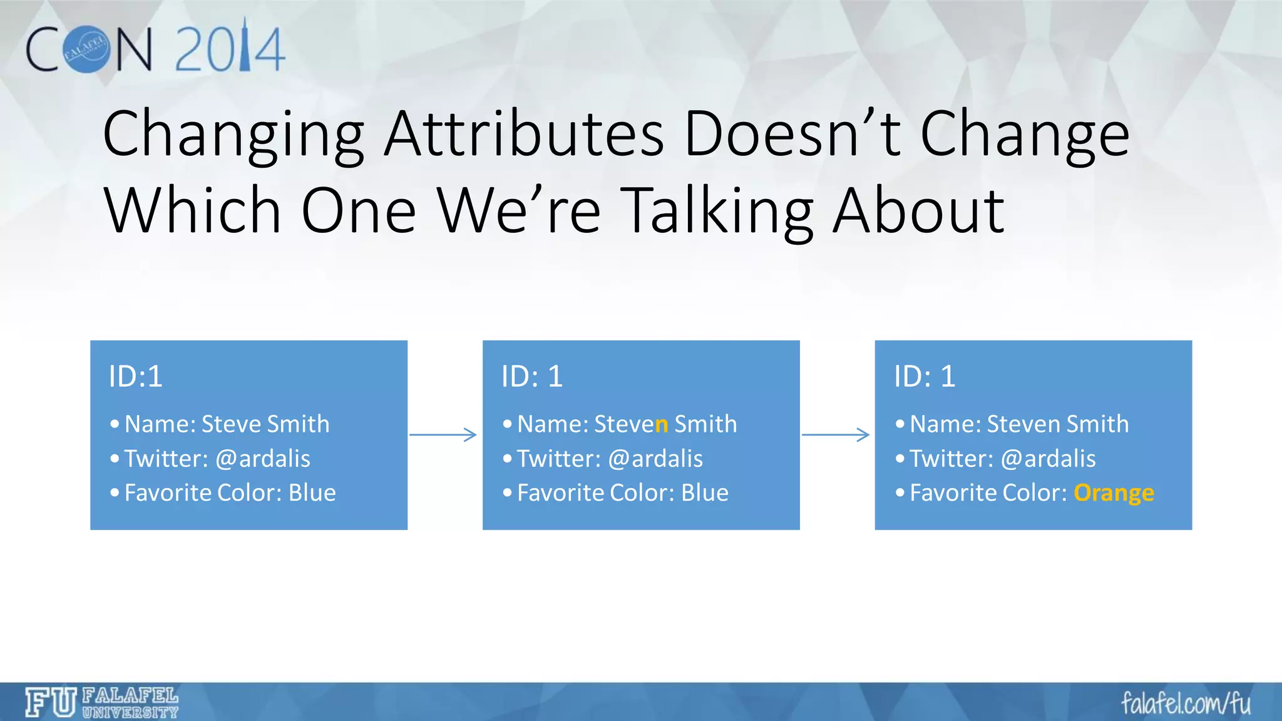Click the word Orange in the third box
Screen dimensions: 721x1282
[x=1113, y=493]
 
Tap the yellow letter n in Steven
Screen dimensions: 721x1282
[x=661, y=425]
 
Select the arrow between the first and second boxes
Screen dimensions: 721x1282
[x=443, y=434]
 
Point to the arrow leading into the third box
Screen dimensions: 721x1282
[x=836, y=434]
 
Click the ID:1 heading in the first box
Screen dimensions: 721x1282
[x=135, y=377]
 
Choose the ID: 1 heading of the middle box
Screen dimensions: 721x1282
[x=531, y=377]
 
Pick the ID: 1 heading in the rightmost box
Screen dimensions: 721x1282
[x=924, y=377]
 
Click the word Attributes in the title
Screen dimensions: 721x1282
[x=524, y=134]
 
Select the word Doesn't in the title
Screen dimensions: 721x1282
[x=792, y=134]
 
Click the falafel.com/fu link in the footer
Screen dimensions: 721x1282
[x=1185, y=703]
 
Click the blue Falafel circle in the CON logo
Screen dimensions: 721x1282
[x=88, y=49]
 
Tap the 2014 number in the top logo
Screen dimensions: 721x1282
[x=230, y=49]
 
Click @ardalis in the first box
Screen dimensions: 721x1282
[x=262, y=459]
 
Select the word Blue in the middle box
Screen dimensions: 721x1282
[x=704, y=493]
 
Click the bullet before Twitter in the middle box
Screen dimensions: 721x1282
[x=507, y=459]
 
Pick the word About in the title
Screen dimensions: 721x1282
[x=919, y=212]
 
